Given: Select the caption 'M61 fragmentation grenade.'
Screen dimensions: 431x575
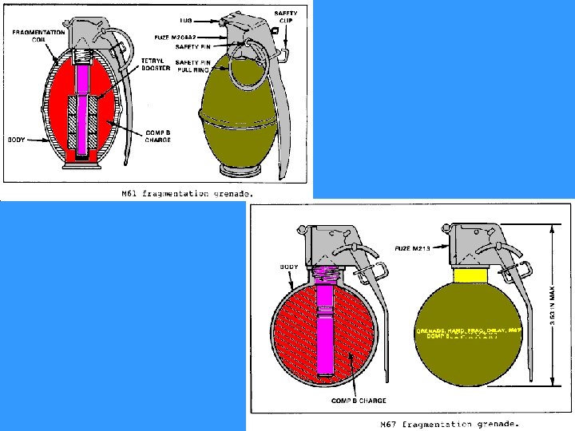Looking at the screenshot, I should click(x=187, y=193).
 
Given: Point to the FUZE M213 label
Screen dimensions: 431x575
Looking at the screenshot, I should click(x=414, y=249).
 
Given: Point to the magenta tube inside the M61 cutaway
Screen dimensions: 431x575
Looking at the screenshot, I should click(x=83, y=112).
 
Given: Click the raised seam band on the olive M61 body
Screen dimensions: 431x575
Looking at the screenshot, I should click(x=239, y=120).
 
